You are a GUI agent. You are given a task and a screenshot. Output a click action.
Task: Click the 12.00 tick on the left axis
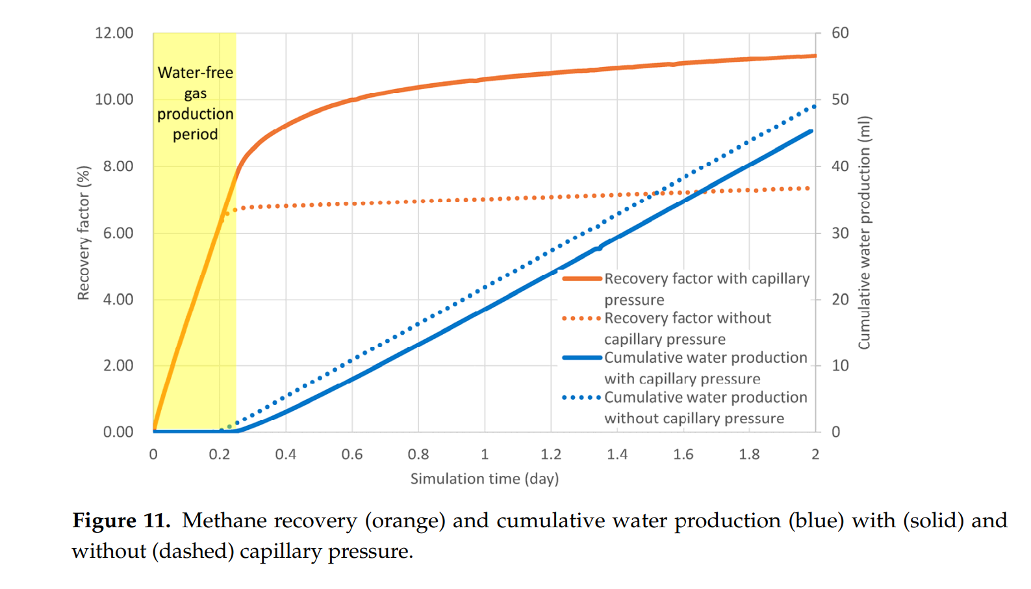(x=114, y=33)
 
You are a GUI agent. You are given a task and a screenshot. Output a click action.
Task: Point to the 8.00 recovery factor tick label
(x=118, y=166)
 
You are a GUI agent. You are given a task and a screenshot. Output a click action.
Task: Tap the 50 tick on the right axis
(x=840, y=99)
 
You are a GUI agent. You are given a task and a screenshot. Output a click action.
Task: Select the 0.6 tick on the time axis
(x=352, y=454)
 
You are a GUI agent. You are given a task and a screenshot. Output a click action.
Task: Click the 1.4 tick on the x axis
(x=617, y=454)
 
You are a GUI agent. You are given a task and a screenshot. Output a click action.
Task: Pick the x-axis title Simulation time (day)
(x=485, y=479)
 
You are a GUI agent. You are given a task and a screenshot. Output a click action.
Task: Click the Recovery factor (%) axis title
(x=83, y=233)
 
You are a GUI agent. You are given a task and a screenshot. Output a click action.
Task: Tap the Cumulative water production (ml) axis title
(x=864, y=233)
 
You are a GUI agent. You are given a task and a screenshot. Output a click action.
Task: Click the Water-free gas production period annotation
(x=195, y=103)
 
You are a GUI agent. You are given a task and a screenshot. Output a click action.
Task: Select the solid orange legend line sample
(x=581, y=279)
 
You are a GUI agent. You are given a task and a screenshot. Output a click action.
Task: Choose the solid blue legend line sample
(x=581, y=358)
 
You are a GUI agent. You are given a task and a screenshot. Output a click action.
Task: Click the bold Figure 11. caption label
(x=121, y=521)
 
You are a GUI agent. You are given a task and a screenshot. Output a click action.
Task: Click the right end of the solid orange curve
(x=815, y=56)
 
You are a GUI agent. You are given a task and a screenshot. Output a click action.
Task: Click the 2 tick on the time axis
(x=815, y=454)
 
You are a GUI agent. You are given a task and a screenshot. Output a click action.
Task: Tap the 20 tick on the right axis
(x=840, y=300)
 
